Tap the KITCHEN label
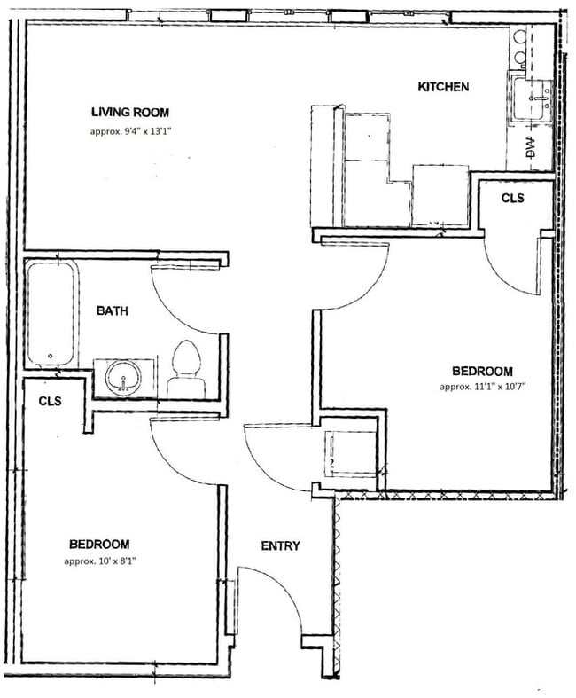443,87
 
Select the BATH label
113,311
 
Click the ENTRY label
280,546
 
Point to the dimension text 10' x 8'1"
99,561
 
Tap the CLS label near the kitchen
513,199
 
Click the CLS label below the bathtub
50,402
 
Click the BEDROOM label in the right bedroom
482,371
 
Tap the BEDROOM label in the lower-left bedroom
99,545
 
